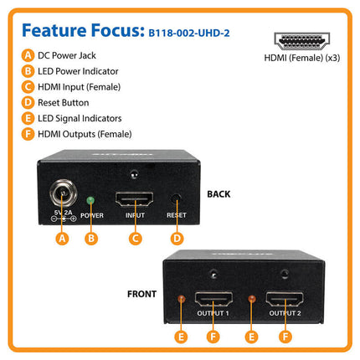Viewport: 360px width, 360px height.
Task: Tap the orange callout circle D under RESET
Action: (x=176, y=238)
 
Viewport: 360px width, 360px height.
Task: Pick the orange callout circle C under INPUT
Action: (x=134, y=238)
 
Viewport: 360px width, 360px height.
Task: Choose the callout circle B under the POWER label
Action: (x=92, y=238)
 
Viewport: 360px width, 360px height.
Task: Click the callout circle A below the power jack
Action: (x=61, y=238)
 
